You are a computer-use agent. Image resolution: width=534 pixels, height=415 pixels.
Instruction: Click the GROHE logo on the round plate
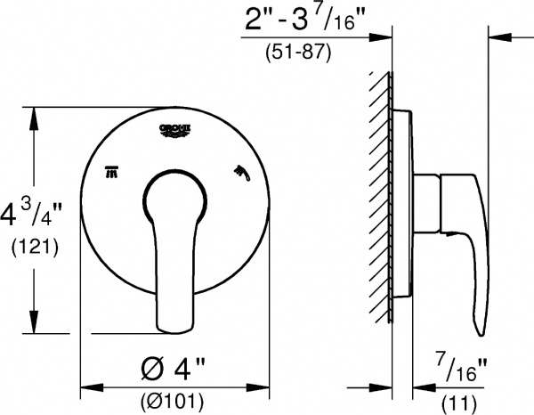175,130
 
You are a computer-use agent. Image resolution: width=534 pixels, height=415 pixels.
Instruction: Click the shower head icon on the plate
240,169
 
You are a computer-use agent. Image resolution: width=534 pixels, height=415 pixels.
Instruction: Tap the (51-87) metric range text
299,52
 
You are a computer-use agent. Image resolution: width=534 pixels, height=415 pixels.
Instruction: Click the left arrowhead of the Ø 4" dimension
86,388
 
